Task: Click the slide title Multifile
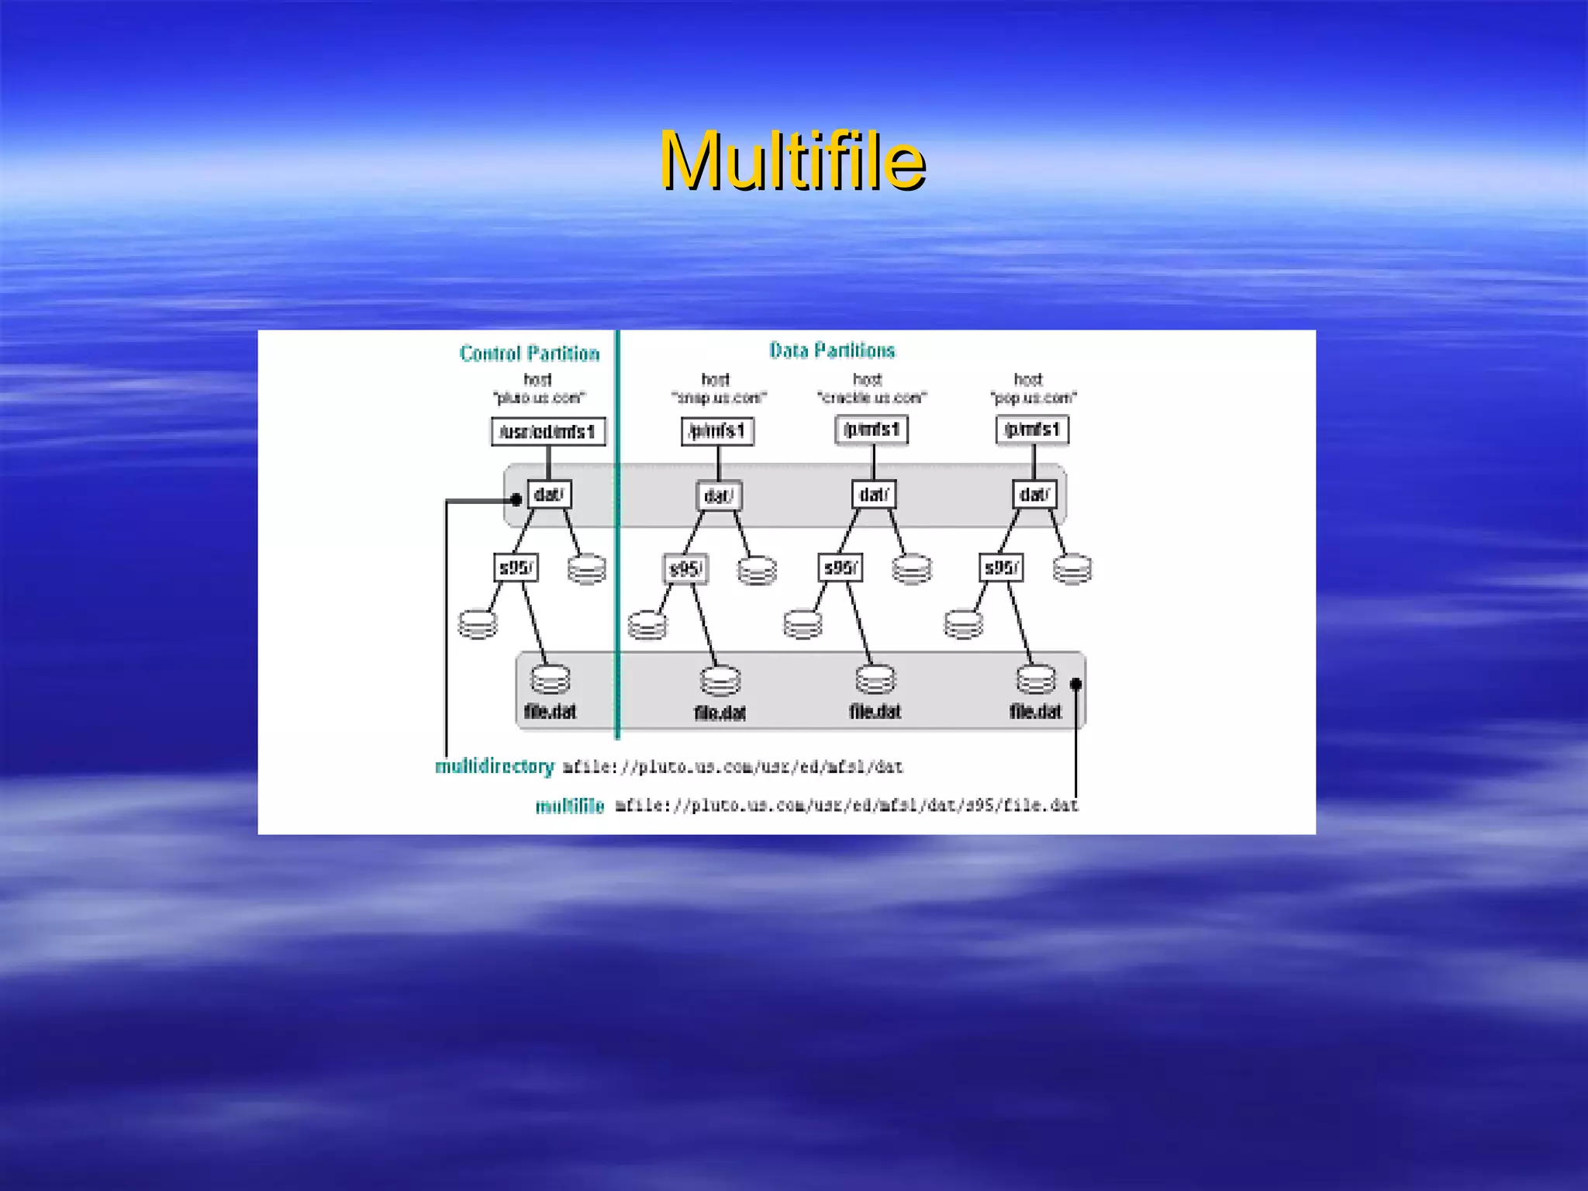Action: point(792,161)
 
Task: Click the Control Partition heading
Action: point(530,354)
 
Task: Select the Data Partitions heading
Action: point(832,350)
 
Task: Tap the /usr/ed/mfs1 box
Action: point(548,431)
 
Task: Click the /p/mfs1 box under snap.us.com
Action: point(717,430)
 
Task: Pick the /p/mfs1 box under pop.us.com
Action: point(1032,430)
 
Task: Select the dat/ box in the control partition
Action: point(549,495)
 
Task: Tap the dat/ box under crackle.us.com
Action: point(874,495)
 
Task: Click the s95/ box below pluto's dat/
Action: point(516,568)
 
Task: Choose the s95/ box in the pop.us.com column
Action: point(1001,568)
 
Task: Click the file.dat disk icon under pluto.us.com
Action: point(551,679)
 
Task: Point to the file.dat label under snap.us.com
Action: point(720,713)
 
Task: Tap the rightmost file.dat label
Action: point(1035,711)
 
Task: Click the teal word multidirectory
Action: point(495,766)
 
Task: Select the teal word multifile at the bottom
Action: point(570,806)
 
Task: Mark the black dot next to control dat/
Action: point(516,499)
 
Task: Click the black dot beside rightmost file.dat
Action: point(1075,684)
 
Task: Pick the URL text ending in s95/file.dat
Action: point(847,806)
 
